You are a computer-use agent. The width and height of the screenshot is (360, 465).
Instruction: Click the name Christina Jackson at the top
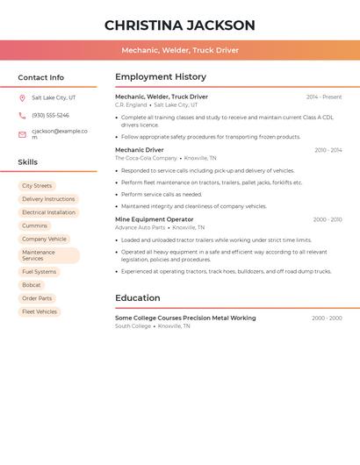tap(179, 25)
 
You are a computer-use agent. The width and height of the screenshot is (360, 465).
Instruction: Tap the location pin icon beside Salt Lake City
tap(22, 98)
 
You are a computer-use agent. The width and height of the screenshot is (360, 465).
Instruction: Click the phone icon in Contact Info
tap(22, 116)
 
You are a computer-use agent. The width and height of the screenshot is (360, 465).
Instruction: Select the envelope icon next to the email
tap(22, 134)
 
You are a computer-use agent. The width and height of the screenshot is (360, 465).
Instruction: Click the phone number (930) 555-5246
tap(50, 116)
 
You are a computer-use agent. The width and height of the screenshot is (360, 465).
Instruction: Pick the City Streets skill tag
tap(37, 186)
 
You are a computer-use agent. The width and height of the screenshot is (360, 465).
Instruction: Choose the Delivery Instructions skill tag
tap(48, 199)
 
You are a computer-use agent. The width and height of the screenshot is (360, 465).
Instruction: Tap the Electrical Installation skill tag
tap(48, 212)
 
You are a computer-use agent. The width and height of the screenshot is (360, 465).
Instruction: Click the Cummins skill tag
tap(35, 225)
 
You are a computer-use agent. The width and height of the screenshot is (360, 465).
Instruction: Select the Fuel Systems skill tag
tap(39, 272)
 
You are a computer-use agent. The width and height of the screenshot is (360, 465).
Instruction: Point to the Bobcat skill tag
tap(32, 285)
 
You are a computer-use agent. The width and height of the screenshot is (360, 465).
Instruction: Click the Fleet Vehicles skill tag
tap(40, 311)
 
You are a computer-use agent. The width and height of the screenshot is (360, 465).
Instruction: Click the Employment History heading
tap(161, 77)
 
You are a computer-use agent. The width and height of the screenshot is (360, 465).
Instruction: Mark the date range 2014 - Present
tap(324, 97)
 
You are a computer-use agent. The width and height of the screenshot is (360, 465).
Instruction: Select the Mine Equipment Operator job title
tap(155, 219)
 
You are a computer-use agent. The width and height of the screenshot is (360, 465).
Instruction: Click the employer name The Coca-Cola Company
tap(146, 158)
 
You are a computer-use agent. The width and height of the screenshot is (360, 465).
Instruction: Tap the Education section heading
tap(138, 298)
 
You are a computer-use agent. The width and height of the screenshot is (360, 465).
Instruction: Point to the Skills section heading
tap(28, 162)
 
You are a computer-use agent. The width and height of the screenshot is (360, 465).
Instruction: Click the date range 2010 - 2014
tap(328, 150)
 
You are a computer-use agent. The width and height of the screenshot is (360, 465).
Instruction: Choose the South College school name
tap(133, 326)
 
